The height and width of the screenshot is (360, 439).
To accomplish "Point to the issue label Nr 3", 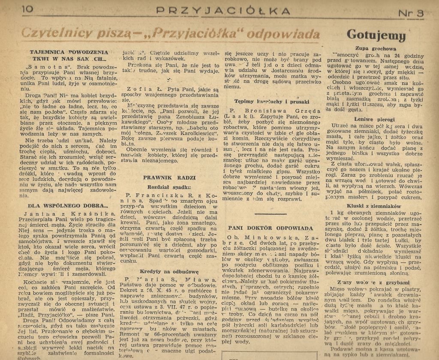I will pos(410,13).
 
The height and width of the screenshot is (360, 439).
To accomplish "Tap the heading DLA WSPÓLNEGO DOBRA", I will pos(66,205).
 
